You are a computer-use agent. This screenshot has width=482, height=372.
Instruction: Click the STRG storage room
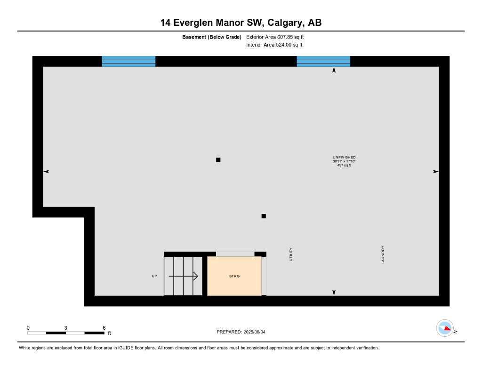point(234,276)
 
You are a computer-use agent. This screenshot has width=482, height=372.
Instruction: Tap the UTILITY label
point(291,254)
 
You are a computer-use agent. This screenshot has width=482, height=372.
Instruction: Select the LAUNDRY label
point(383,254)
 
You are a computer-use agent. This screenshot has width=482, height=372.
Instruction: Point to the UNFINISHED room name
point(344,157)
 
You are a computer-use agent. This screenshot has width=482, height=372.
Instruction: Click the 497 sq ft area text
point(344,165)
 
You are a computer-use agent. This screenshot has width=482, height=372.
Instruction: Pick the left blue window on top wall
point(129,61)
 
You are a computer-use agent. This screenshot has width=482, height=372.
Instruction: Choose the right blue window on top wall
point(323,61)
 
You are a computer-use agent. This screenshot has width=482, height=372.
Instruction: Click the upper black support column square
point(218,160)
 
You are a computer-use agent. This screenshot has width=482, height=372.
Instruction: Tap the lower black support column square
point(264,216)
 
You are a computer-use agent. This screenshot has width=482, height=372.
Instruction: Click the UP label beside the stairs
point(154,276)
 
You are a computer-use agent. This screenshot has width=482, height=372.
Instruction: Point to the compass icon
point(445,328)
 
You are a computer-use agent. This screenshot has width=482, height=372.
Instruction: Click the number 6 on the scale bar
point(104,328)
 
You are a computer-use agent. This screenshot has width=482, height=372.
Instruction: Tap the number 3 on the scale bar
point(66,328)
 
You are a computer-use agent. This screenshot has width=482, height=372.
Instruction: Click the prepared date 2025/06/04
point(257,332)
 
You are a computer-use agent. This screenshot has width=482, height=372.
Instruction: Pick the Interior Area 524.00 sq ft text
point(274,45)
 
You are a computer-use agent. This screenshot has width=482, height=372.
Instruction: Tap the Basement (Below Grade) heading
point(212,37)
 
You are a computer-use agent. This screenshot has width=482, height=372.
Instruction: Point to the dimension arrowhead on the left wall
point(46,172)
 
